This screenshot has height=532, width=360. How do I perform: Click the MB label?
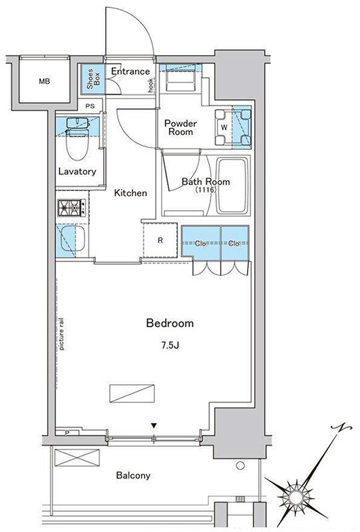click(x=44, y=81)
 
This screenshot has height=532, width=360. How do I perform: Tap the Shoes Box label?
click(x=93, y=79)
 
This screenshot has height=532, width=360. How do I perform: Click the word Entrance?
click(x=130, y=71)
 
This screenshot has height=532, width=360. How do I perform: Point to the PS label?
click(x=90, y=106)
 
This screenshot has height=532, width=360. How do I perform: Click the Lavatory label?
click(x=77, y=172)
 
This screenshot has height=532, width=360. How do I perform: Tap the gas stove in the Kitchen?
click(x=72, y=207)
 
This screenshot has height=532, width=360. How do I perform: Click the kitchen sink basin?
click(x=73, y=239)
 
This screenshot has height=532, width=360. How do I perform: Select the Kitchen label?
click(x=130, y=193)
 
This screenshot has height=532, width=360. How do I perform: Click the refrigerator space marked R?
click(x=160, y=240)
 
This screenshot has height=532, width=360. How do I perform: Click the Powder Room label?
click(x=180, y=127)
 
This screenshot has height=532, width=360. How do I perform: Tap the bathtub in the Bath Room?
click(x=233, y=186)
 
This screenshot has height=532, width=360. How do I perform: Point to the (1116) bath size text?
click(x=206, y=190)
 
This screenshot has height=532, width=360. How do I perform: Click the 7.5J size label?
click(x=170, y=346)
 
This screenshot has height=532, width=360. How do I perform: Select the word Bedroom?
click(x=170, y=323)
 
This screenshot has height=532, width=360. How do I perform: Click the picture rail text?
click(x=61, y=333)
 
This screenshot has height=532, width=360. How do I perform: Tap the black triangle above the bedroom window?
click(x=154, y=426)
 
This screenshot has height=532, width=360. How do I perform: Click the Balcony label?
click(x=133, y=475)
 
